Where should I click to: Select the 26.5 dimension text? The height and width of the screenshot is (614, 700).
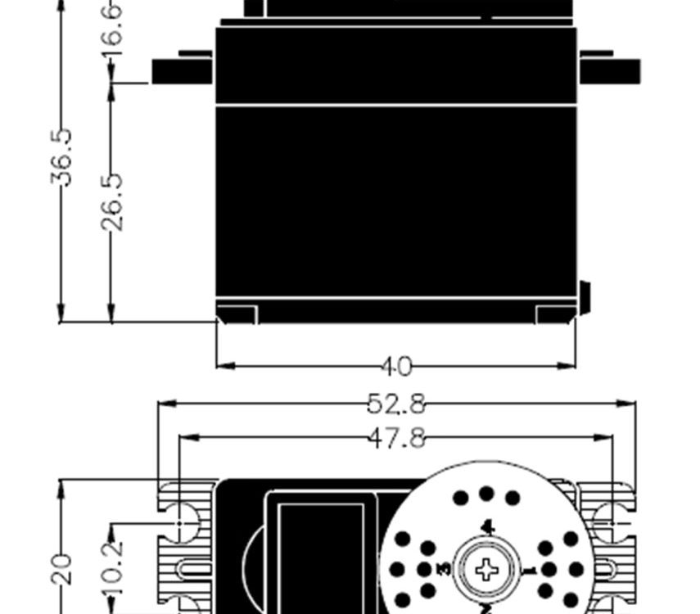[x=112, y=201]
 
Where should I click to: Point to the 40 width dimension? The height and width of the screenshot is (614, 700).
[x=396, y=367]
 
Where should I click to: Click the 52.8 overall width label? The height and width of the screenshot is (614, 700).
[x=396, y=403]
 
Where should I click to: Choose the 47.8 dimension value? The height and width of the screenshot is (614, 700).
[x=396, y=438]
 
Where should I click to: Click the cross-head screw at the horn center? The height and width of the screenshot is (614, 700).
[x=486, y=569]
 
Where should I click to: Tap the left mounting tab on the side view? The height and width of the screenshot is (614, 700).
[x=181, y=70]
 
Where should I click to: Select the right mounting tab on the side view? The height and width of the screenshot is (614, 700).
[x=610, y=70]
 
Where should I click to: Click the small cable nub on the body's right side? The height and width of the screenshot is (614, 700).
[x=585, y=297]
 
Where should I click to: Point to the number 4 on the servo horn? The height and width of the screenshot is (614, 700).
[x=487, y=526]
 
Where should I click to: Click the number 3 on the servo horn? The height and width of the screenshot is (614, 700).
[x=444, y=569]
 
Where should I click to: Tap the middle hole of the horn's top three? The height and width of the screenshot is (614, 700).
[x=487, y=494]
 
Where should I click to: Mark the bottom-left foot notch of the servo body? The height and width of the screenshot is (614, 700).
[x=237, y=314]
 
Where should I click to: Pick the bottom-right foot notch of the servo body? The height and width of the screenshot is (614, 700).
[x=555, y=314]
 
